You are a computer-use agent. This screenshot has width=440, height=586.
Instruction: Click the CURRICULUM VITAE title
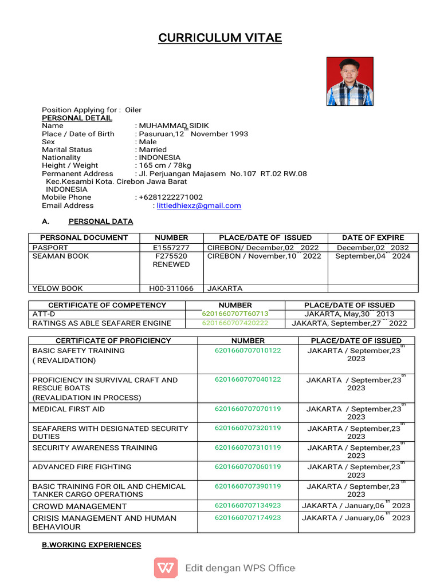220,38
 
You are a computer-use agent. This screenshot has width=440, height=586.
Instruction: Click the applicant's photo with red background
349,81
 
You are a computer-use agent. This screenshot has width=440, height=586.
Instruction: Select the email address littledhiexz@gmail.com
199,205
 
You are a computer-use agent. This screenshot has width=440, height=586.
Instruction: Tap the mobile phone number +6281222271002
171,197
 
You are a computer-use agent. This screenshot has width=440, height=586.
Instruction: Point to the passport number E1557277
171,248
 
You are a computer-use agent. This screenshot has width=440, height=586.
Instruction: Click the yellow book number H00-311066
171,288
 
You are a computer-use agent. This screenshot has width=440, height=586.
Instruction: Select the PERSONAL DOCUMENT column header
84,237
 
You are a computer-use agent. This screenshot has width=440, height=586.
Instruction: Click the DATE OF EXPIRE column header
372,237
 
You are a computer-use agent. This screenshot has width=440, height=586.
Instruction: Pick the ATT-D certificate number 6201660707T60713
235,314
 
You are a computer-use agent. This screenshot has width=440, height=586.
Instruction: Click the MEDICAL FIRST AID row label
69,409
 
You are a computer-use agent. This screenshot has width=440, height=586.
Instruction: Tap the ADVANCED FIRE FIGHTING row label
82,467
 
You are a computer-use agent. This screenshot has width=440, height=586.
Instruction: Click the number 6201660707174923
247,517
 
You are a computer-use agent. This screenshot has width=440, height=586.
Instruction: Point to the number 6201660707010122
247,350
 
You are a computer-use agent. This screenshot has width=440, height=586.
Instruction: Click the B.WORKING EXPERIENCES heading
91,545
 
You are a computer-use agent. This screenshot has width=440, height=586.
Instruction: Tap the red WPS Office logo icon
166,568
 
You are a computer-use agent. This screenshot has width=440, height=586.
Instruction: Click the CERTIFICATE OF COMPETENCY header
107,305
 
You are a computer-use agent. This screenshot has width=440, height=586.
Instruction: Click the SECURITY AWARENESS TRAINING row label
87,448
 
